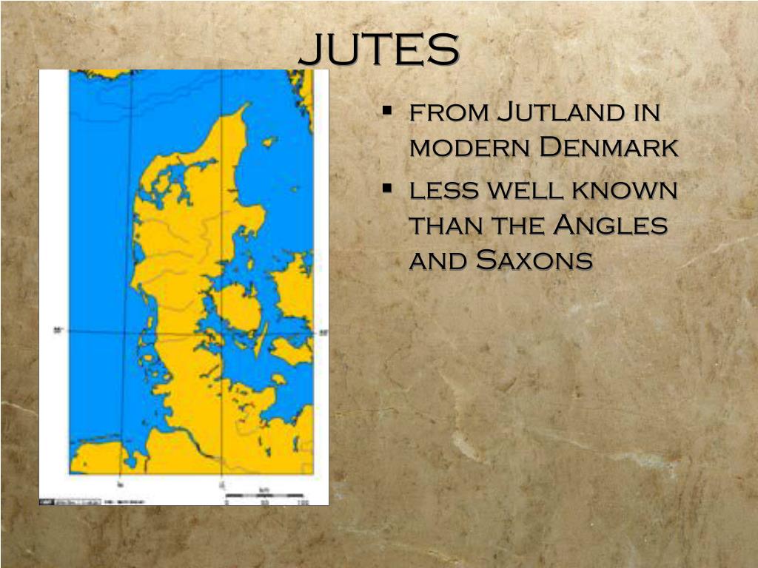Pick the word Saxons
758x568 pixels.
click(x=534, y=260)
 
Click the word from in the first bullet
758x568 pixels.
click(x=447, y=114)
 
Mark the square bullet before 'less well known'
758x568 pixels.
click(x=387, y=189)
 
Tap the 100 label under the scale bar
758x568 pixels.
click(x=302, y=503)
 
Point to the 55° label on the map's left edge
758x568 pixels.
click(x=58, y=331)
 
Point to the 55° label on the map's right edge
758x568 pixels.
click(x=321, y=333)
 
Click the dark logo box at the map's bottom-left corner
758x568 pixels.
click(x=47, y=501)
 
